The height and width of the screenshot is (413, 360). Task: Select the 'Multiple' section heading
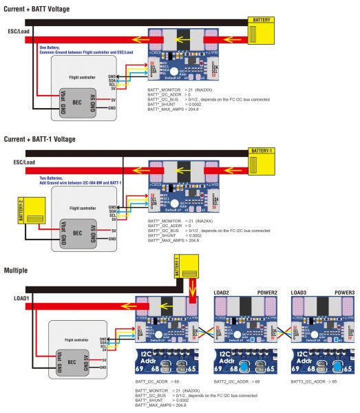pos(17,271)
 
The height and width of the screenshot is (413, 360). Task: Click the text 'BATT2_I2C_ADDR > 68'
pos(236,380)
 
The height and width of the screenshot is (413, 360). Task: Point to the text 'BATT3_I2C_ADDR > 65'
pos(314,380)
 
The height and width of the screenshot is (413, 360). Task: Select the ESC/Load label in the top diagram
pos(18,32)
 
